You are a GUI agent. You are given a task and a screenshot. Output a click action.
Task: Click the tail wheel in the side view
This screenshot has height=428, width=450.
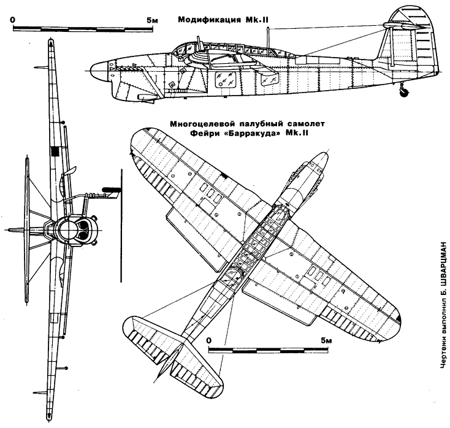tap(405, 93)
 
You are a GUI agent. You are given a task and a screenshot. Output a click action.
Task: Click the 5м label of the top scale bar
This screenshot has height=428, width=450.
tap(152, 20)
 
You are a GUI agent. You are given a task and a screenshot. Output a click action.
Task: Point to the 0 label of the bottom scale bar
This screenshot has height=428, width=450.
tap(208, 341)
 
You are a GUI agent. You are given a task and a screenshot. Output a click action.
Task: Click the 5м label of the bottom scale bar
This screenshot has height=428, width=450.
tap(326, 341)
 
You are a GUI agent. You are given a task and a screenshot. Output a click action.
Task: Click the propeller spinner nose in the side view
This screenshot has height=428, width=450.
tap(97, 71)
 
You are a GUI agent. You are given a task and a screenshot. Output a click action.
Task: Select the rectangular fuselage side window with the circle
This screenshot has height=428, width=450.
tap(226, 79)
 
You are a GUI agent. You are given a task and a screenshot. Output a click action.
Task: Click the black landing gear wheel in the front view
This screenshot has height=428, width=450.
tap(111, 189)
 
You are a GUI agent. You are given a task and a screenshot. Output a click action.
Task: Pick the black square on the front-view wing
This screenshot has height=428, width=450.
tap(54, 151)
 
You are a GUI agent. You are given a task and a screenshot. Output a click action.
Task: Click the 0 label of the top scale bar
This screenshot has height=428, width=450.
tap(13, 20)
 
